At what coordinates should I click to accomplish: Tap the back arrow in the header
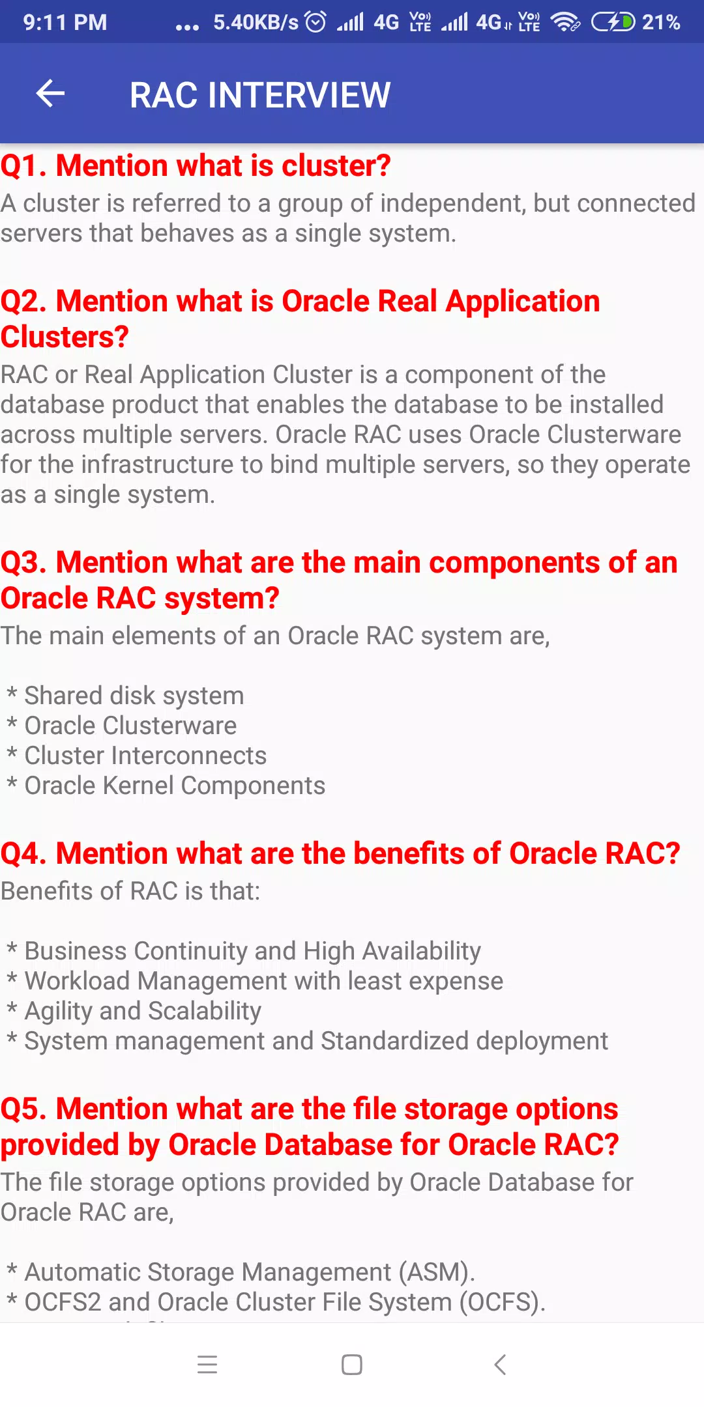tap(50, 94)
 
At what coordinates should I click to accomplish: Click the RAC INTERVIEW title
tap(260, 95)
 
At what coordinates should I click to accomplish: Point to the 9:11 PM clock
tap(65, 22)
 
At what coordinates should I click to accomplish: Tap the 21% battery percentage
tap(661, 22)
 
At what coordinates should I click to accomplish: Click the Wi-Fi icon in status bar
tap(565, 22)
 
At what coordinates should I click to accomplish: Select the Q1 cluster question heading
tap(196, 165)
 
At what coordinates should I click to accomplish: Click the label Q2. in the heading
tap(23, 302)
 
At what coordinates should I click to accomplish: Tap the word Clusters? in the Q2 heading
tap(65, 337)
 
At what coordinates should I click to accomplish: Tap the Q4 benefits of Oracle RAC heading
tap(340, 853)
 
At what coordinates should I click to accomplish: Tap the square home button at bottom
tap(352, 1365)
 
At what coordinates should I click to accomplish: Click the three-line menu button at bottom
tap(207, 1365)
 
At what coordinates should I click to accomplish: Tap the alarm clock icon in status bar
tap(315, 22)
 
